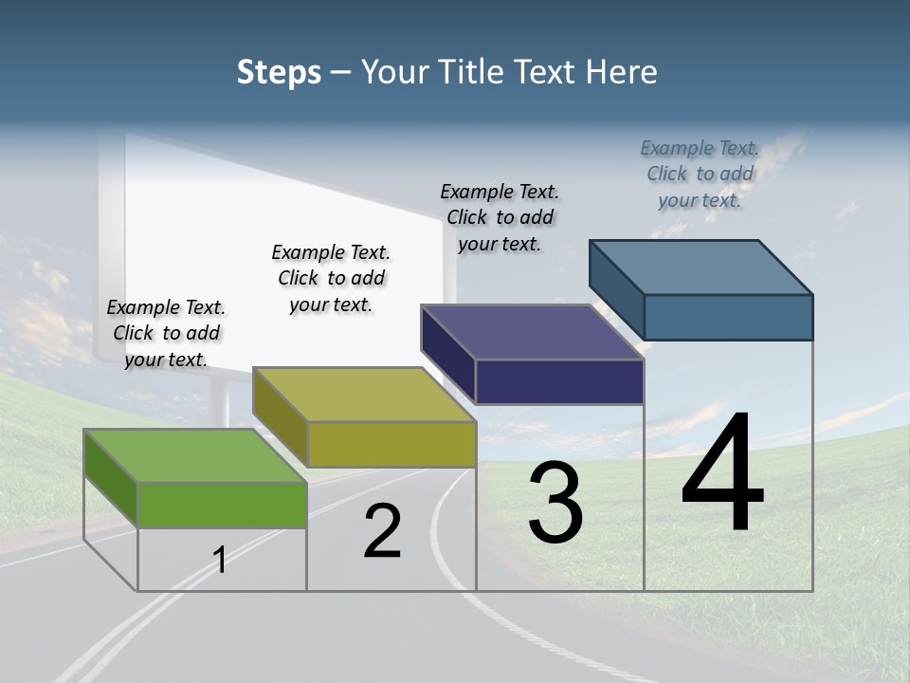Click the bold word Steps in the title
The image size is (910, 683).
coord(279,72)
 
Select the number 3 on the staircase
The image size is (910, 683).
coord(555,503)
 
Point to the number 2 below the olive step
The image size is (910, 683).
coord(383,531)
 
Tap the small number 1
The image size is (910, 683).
coord(220,560)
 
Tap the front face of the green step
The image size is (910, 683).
coord(222,505)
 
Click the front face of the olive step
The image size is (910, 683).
coord(391,444)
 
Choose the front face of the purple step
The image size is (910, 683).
coord(559,381)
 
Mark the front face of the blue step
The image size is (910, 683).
coord(728,317)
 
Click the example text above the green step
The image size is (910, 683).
coord(166,333)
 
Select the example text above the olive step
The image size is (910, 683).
coord(331,278)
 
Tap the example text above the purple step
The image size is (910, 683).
coord(500,217)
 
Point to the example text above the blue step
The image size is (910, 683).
coord(700,174)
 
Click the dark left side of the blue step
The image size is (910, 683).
coord(616,285)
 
